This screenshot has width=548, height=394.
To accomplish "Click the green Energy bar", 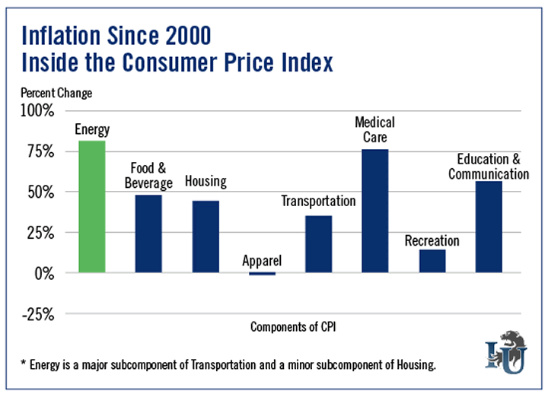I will click(91, 206).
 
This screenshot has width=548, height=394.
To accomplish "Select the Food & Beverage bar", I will click(149, 234).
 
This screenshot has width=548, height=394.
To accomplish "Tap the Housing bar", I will click(205, 237).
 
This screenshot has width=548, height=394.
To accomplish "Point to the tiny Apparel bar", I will click(262, 273).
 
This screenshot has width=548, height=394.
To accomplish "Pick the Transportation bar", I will click(318, 243).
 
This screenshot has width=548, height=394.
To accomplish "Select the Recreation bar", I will click(432, 261).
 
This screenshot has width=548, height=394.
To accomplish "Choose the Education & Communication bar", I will click(489, 227).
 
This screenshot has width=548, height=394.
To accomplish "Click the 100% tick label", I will click(37, 111).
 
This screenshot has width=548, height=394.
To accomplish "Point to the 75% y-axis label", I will click(40, 152).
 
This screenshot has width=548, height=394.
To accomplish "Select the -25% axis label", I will click(37, 313).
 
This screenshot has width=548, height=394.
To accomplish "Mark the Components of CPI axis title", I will click(293, 327).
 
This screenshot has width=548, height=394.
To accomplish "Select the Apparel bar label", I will click(262, 261).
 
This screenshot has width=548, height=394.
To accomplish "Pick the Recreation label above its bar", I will click(432, 241).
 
